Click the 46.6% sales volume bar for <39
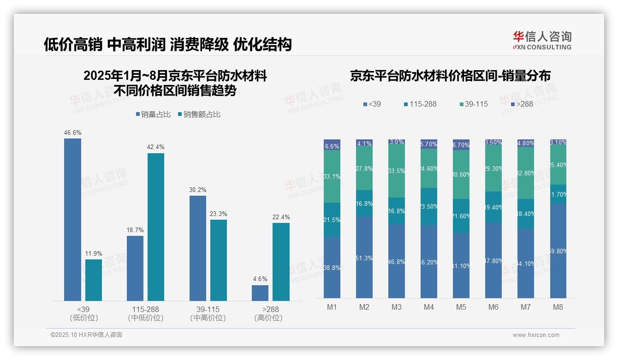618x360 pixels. click(x=72, y=220)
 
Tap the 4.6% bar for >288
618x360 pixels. click(x=260, y=293)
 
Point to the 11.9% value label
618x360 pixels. click(x=94, y=253)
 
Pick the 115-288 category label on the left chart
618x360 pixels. click(x=145, y=309)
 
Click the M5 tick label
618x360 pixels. click(x=461, y=307)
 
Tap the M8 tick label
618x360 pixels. click(x=558, y=307)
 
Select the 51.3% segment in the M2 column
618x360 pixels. click(x=364, y=258)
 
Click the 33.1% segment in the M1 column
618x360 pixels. click(x=332, y=176)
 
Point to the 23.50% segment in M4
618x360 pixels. click(x=429, y=206)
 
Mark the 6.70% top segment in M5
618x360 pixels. click(x=461, y=144)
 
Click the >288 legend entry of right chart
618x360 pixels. click(x=522, y=104)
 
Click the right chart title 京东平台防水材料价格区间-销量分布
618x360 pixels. click(x=450, y=76)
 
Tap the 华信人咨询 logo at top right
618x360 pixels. click(x=542, y=40)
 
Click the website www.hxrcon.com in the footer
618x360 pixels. click(x=536, y=335)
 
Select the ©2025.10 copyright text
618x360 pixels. click(x=86, y=335)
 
